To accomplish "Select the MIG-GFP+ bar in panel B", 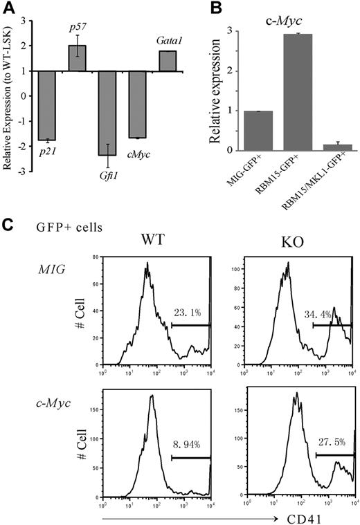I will [243, 131].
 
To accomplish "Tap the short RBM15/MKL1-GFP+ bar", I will [325, 147].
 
